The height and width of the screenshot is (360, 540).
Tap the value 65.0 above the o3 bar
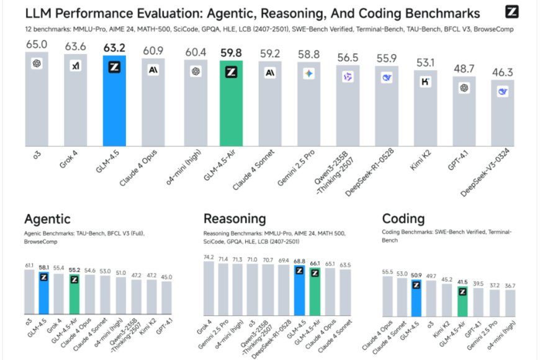coord(37,44)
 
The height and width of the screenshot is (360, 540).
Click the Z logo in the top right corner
coord(512,12)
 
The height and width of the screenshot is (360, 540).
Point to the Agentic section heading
coord(47,218)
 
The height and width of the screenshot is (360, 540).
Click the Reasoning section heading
coord(235,218)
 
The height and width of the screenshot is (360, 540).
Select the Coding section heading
coord(403,218)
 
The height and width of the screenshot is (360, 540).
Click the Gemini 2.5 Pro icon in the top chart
coord(308,74)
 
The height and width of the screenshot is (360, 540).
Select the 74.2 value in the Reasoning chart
coord(209,257)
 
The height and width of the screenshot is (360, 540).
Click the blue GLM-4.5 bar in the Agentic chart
coord(43,292)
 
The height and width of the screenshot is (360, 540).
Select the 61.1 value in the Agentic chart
coord(29,265)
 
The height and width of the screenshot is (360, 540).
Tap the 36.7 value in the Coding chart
coord(509,286)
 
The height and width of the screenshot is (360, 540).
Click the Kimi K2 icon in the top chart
coord(425,81)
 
